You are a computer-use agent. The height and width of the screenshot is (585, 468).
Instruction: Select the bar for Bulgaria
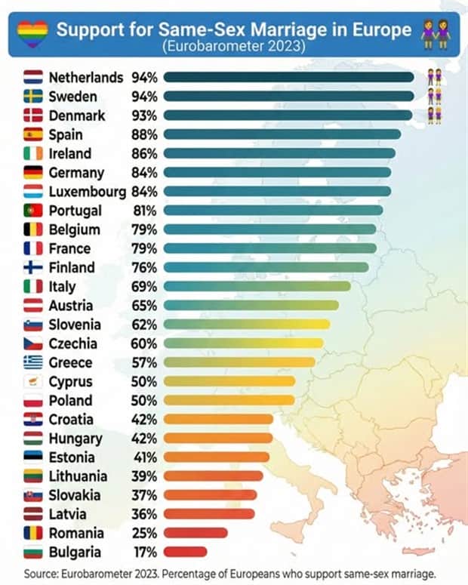click(185, 552)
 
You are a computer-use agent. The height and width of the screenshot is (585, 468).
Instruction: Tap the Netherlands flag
click(32, 77)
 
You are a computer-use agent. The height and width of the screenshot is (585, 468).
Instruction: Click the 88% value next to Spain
click(144, 134)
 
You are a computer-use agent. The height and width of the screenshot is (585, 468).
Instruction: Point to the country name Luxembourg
click(88, 192)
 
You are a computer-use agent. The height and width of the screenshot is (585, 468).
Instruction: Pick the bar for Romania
click(196, 533)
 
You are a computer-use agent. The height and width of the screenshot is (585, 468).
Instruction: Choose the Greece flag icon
click(32, 362)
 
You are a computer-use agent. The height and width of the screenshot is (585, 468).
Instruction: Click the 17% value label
click(144, 552)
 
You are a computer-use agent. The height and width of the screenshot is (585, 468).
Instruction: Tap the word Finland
click(72, 267)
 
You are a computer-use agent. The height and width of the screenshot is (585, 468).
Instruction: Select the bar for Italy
click(257, 286)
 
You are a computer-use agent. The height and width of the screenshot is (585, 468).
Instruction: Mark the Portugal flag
click(32, 211)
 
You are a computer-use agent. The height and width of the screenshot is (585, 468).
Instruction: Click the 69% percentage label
click(144, 286)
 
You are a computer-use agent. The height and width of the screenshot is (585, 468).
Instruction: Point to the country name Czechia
click(73, 343)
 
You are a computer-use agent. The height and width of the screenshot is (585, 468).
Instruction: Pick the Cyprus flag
click(32, 381)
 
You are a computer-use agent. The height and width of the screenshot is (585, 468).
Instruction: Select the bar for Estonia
click(216, 457)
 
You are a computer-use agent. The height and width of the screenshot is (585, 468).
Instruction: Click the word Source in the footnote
click(40, 572)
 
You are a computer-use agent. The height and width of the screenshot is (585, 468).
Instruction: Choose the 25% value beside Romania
click(144, 533)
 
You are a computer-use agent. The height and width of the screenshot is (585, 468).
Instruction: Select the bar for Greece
click(239, 362)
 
